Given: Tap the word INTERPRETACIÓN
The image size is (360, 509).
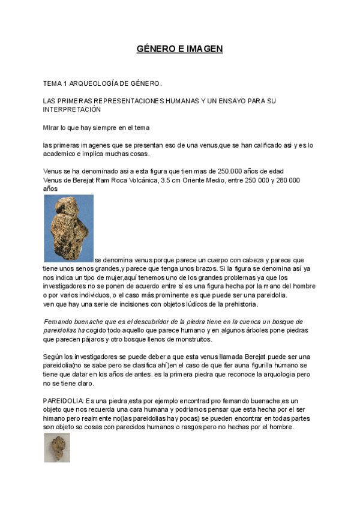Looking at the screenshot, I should click(x=72, y=110).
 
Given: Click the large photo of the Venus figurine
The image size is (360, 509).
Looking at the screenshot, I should click(x=68, y=229).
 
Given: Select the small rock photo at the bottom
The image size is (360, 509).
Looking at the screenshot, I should click(x=56, y=448).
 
